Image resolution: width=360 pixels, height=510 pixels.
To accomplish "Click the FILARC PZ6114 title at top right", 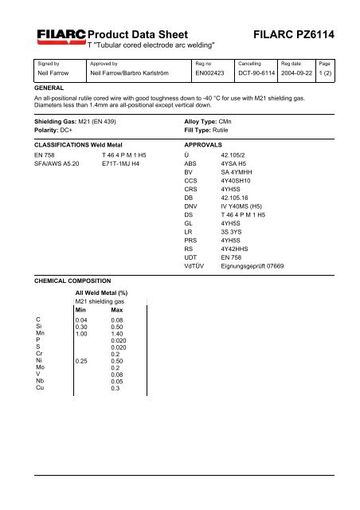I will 295,35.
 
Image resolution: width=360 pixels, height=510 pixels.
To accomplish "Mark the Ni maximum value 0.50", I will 119,361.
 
